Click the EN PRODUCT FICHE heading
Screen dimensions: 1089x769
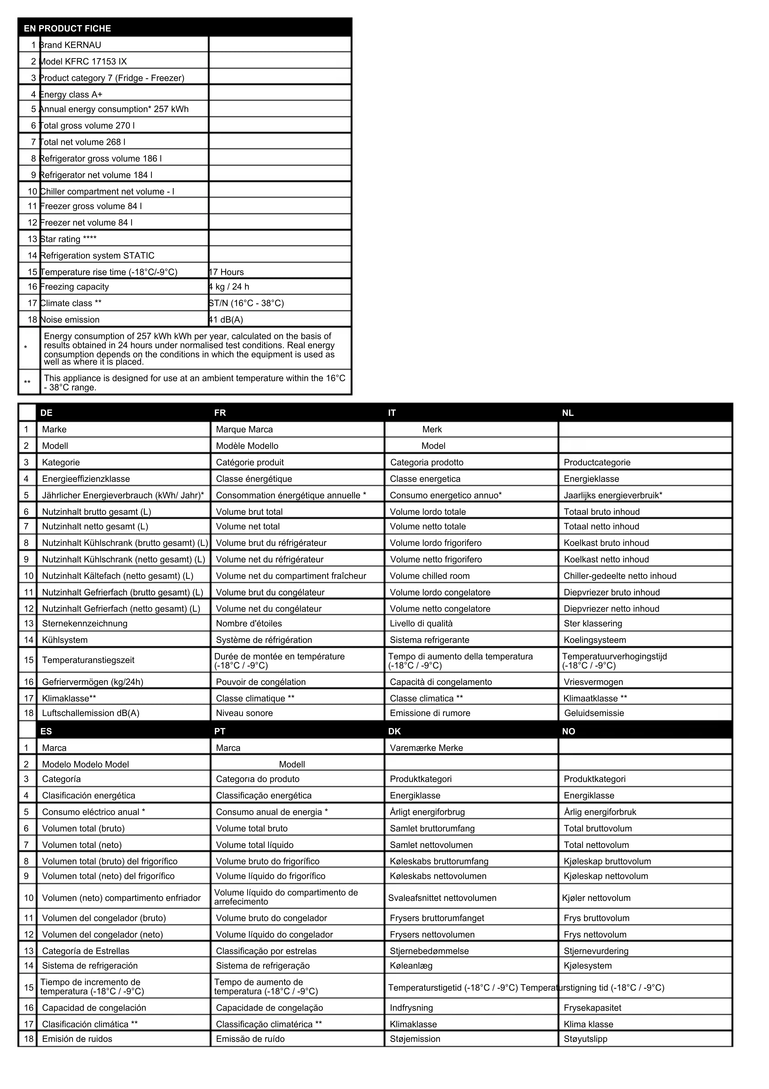tap(67, 29)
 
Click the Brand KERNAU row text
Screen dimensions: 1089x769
tap(70, 45)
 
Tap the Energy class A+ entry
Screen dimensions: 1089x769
tap(71, 94)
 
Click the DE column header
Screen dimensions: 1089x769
tap(47, 413)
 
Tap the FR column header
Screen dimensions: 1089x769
tap(220, 413)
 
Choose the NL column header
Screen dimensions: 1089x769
tap(568, 413)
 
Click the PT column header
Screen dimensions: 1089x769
tap(220, 731)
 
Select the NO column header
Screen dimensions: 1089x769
tap(568, 731)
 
